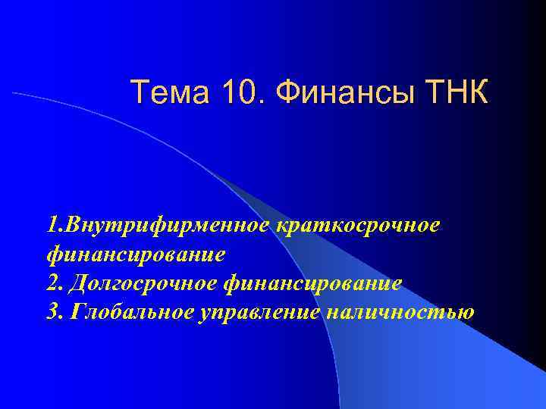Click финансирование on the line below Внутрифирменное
(x=135, y=254)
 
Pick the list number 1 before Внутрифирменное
(x=50, y=225)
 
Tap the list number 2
(x=52, y=283)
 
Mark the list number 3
(x=52, y=312)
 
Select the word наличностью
(x=399, y=312)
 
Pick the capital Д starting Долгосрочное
(x=76, y=283)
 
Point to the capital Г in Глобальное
(x=74, y=312)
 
